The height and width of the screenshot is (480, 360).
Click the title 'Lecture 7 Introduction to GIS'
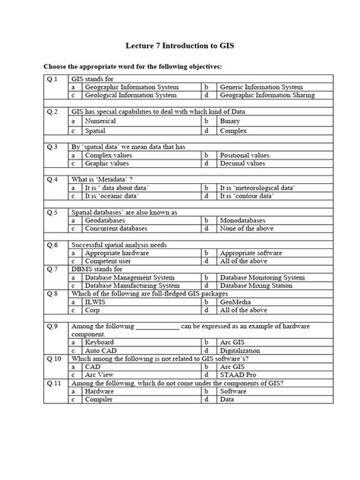(180, 46)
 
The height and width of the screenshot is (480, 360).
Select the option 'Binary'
(230, 121)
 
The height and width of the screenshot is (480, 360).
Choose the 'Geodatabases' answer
(106, 220)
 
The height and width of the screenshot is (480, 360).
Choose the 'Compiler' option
(99, 401)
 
